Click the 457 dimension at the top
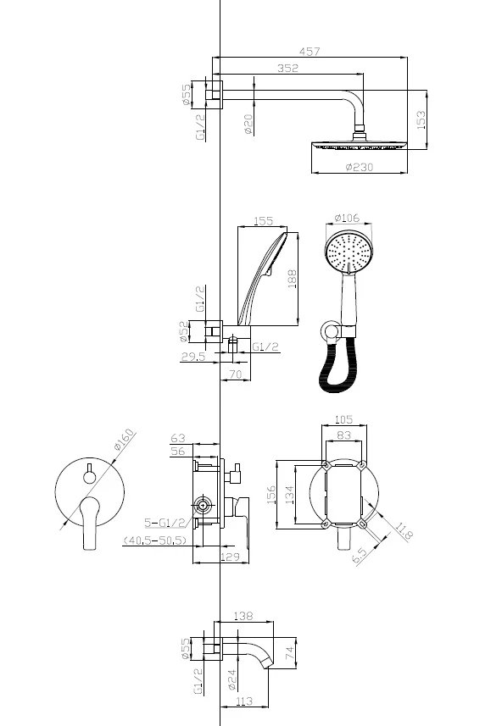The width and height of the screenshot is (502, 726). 310,51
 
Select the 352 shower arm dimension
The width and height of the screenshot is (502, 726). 287,68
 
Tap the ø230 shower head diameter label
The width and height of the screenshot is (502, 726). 360,167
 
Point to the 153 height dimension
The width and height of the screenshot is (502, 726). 421,120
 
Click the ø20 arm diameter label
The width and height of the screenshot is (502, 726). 248,124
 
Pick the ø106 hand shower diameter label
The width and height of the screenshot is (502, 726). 347,218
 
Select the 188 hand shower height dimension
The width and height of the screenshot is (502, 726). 293,280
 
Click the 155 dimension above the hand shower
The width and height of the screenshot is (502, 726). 263,221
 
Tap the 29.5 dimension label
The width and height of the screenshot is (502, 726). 193,356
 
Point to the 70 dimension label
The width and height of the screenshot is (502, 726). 236,374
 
